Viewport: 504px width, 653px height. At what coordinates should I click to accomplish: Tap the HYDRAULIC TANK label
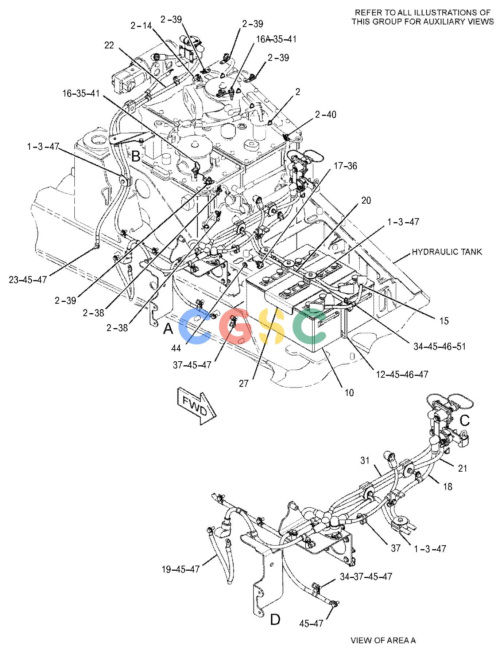pyautogui.click(x=447, y=252)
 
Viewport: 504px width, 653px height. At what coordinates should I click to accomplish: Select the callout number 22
pyautogui.click(x=109, y=46)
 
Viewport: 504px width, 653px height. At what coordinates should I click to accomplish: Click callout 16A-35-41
pyautogui.click(x=276, y=39)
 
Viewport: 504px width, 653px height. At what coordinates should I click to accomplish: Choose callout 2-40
pyautogui.click(x=326, y=114)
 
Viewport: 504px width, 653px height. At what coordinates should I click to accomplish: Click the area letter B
pyautogui.click(x=136, y=157)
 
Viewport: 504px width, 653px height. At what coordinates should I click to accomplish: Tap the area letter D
pyautogui.click(x=275, y=619)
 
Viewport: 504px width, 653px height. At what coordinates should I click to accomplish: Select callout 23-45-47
pyautogui.click(x=28, y=280)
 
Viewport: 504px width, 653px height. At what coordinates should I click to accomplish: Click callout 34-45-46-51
pyautogui.click(x=439, y=346)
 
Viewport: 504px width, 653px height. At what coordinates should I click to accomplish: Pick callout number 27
pyautogui.click(x=244, y=383)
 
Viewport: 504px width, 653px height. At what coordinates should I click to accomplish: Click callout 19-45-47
pyautogui.click(x=181, y=569)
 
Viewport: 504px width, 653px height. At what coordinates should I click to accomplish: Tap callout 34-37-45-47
pyautogui.click(x=366, y=577)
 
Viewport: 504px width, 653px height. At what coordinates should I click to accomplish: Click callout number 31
pyautogui.click(x=365, y=461)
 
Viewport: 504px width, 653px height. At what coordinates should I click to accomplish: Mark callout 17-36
pyautogui.click(x=345, y=166)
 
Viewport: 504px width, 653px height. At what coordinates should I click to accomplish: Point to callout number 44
pyautogui.click(x=177, y=348)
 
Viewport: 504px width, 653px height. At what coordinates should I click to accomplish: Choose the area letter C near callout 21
pyautogui.click(x=465, y=421)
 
